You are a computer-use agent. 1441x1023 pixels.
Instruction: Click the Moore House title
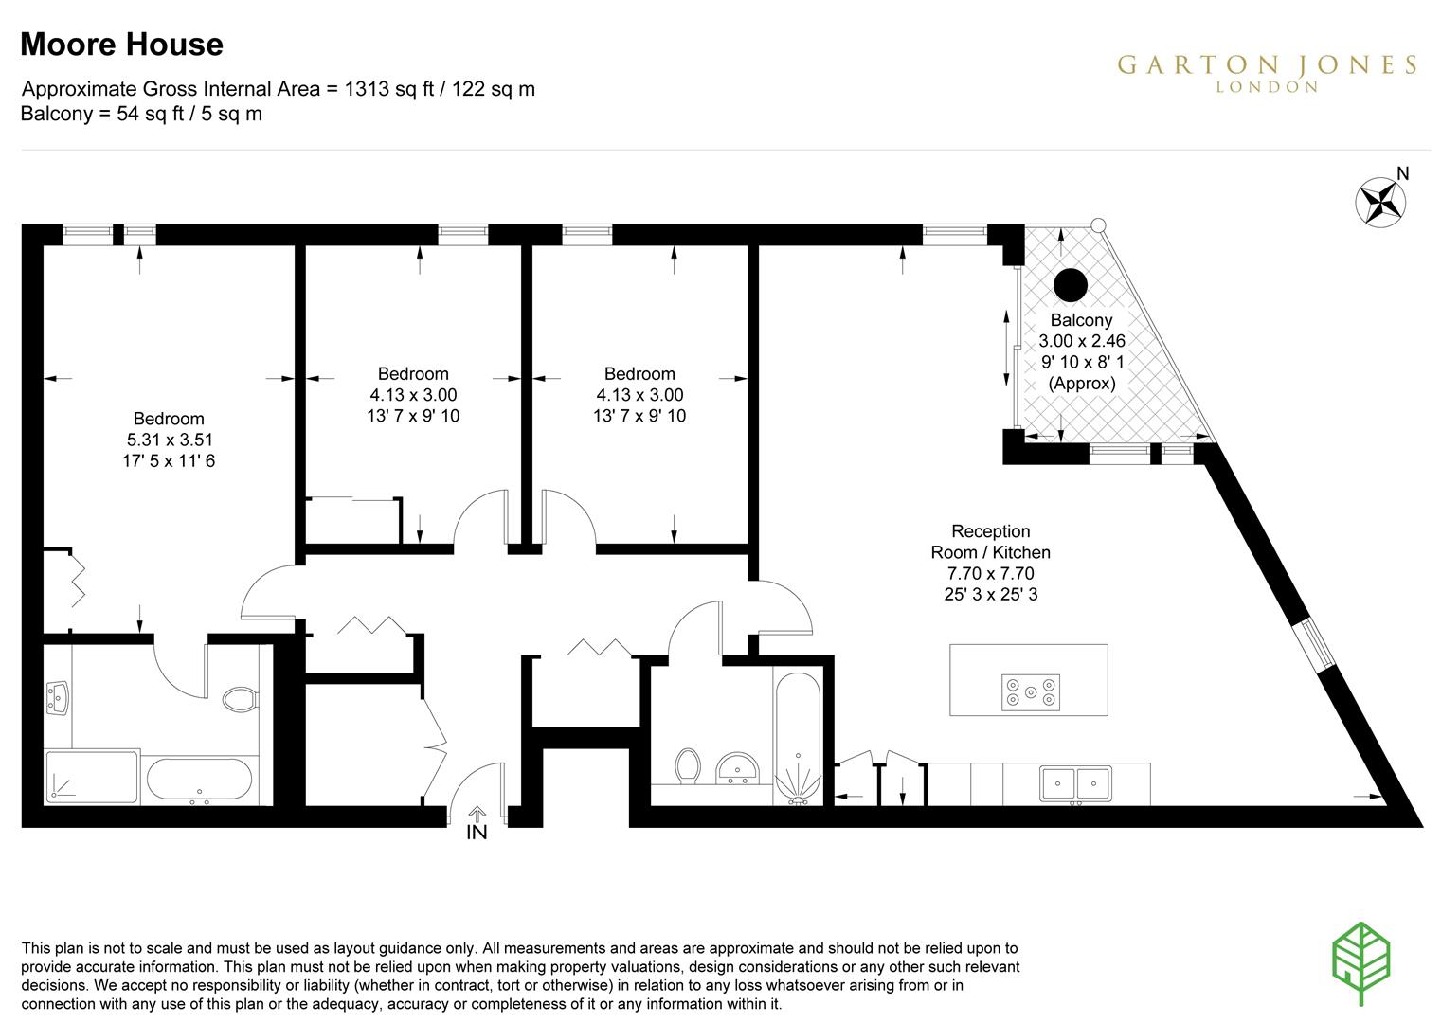122,45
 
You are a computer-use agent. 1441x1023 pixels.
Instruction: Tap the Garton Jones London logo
1266,72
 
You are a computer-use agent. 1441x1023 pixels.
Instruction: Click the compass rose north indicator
1380,200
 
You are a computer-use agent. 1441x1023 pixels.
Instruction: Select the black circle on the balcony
1071,283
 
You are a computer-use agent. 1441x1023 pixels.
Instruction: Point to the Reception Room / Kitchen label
990,542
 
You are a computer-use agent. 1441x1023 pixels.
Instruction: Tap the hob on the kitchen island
1031,690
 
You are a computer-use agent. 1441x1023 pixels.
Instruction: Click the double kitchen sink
1075,783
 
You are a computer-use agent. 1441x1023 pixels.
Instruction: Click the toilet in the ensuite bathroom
239,700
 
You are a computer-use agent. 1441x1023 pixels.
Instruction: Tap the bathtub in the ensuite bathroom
198,781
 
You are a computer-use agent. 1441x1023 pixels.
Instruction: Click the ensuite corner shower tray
92,778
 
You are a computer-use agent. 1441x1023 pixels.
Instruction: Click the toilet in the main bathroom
688,765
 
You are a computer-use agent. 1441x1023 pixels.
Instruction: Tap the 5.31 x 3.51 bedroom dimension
169,440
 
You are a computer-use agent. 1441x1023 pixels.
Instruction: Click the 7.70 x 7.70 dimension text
990,574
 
